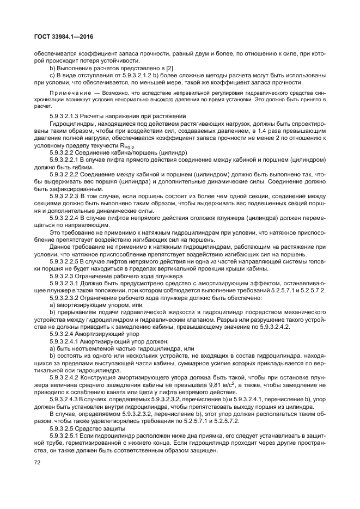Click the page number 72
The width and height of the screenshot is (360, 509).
point(38,463)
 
